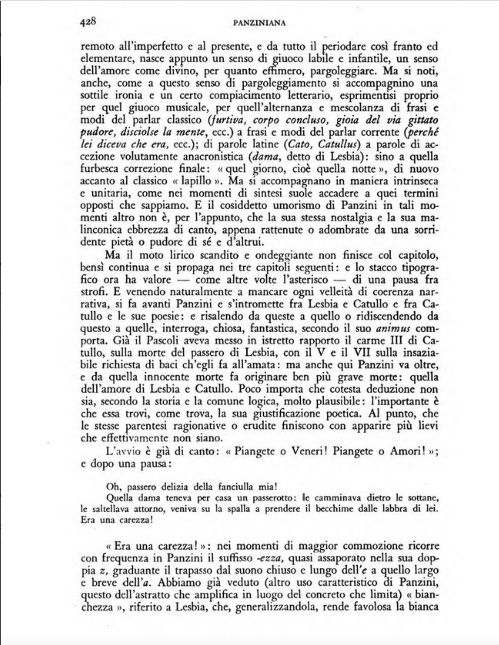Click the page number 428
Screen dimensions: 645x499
coord(88,22)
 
